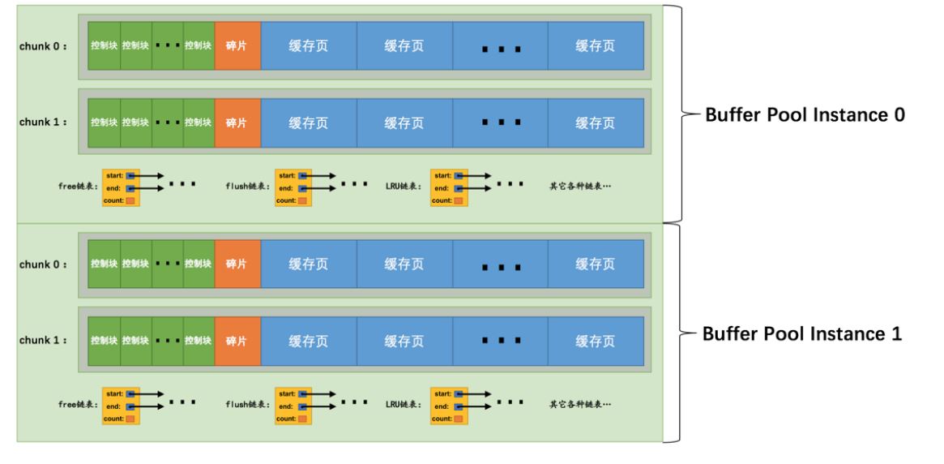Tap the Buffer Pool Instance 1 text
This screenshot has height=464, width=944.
[800, 333]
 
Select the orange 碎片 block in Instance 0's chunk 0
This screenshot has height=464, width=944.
[238, 45]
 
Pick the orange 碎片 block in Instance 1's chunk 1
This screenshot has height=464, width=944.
[238, 340]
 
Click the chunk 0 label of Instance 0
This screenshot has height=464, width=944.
[43, 45]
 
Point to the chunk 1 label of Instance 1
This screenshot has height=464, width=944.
[43, 340]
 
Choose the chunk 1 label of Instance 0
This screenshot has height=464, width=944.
[43, 122]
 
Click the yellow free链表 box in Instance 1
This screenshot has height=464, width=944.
[120, 404]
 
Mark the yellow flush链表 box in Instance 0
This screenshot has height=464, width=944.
[292, 187]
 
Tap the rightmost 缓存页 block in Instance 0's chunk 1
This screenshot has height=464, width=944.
[596, 122]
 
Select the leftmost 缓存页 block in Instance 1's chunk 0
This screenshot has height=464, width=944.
[309, 264]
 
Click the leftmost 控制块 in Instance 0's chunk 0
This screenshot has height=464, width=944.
[104, 45]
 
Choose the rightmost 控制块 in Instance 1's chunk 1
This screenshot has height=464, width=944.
[199, 340]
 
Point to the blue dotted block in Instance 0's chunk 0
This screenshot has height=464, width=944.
[500, 45]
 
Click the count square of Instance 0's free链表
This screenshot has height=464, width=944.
[130, 200]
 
